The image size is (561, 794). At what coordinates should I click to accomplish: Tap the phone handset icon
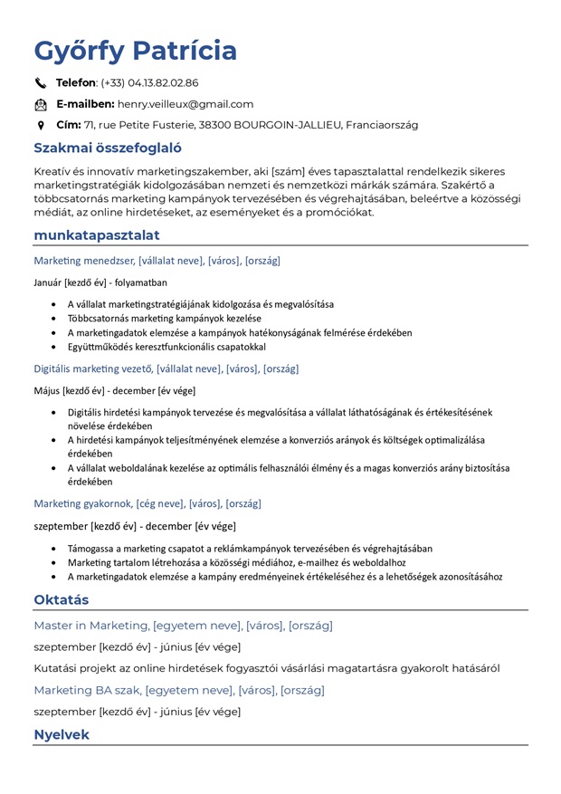click(x=41, y=83)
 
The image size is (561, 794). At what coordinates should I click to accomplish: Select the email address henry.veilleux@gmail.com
click(x=185, y=104)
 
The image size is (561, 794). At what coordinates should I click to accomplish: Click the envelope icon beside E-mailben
click(x=41, y=105)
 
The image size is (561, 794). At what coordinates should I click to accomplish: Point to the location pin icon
click(x=41, y=126)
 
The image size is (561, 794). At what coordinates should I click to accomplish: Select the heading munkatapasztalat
click(x=97, y=235)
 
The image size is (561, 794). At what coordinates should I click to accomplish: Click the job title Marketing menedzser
click(x=83, y=261)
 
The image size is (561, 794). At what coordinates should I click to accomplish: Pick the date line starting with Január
click(x=100, y=282)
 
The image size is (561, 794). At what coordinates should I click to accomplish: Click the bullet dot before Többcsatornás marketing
click(x=55, y=319)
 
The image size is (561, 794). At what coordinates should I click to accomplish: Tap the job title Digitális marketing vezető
click(x=93, y=368)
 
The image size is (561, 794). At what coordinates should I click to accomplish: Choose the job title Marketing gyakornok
click(x=83, y=503)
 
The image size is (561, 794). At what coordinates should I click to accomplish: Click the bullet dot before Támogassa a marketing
click(x=55, y=549)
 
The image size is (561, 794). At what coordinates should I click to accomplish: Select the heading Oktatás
click(x=61, y=600)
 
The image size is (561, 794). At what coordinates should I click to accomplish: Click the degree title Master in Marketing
click(x=91, y=626)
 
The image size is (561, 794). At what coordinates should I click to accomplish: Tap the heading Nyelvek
click(x=62, y=734)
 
